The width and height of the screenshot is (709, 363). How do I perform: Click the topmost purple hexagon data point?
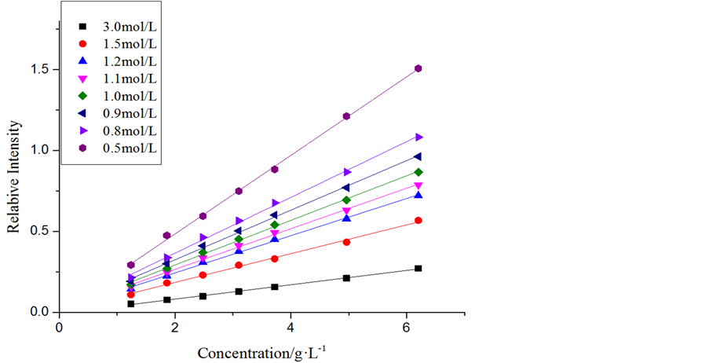418,68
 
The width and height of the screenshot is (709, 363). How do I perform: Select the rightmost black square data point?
418,269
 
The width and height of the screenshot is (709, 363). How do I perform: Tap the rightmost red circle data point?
418,220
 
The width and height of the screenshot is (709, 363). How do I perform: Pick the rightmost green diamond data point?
418,172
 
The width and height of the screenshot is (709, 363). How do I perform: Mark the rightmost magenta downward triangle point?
418,185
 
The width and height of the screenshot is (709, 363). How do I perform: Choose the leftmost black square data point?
130,303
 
